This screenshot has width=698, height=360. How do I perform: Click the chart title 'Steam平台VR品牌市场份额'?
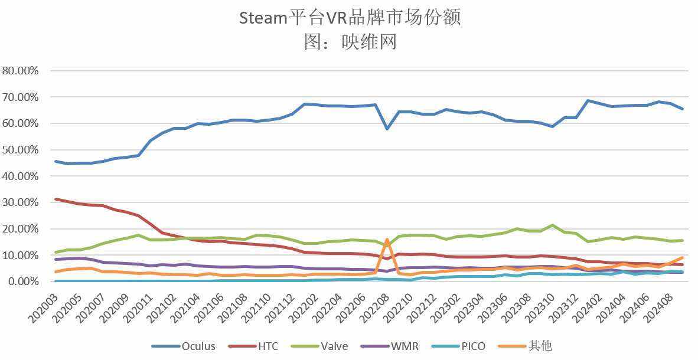tap(350, 18)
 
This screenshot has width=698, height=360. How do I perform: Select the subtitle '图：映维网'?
tap(350, 42)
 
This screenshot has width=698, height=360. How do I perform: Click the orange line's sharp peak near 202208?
tap(387, 240)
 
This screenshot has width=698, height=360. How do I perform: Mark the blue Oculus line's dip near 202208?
tap(387, 128)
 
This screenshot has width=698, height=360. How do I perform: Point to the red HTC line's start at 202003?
tap(56, 199)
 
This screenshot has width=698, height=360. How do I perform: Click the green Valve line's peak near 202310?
tap(552, 225)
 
